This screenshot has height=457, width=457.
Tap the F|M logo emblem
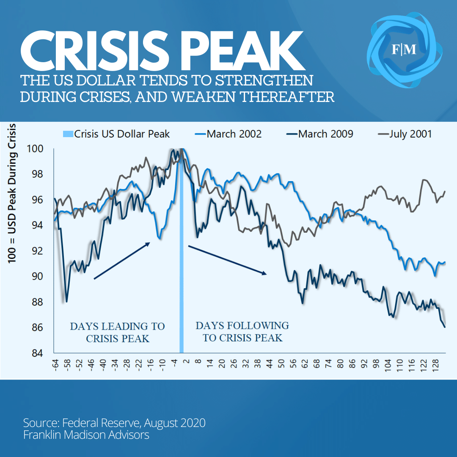404,50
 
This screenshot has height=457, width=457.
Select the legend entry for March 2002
234,134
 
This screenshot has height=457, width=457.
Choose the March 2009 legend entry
325,134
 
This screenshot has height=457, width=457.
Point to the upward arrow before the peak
122,260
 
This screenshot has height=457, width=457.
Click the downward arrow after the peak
228,260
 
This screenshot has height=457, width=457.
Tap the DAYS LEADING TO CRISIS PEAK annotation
117,333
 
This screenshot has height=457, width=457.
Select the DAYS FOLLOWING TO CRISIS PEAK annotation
242,331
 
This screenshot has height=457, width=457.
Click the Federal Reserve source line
114,423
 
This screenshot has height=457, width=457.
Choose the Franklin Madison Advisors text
86,435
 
